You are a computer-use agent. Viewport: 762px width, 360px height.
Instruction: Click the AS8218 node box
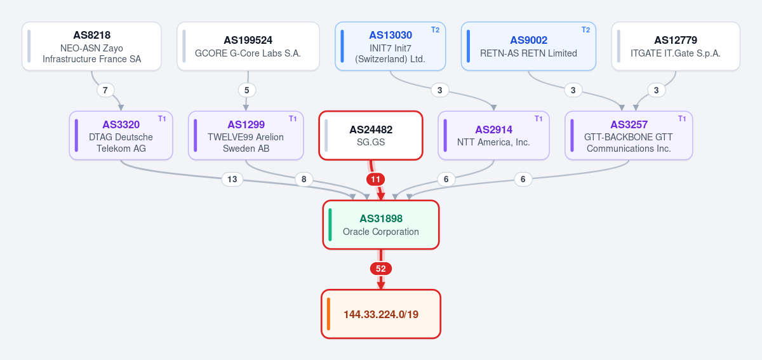click(x=91, y=46)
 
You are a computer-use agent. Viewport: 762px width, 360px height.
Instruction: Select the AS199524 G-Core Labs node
click(x=248, y=46)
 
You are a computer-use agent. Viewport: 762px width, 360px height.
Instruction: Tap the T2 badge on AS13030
click(x=435, y=30)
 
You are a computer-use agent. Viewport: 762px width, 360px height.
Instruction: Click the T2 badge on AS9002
click(x=585, y=30)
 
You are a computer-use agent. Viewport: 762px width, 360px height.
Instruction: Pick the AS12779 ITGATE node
click(x=676, y=46)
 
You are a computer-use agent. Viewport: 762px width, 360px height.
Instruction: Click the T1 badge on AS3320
click(x=162, y=119)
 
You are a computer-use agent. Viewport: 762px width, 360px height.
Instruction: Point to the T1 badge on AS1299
click(x=293, y=119)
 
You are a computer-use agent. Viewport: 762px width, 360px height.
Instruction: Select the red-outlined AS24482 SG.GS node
click(x=371, y=135)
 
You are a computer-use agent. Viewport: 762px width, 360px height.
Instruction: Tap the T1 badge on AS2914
click(x=538, y=119)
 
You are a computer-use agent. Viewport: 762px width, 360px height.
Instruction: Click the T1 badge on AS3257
click(x=682, y=119)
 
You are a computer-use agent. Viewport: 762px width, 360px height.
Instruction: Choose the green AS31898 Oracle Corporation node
click(x=381, y=225)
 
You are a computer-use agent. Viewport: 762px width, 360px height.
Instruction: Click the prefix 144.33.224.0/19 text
click(x=381, y=314)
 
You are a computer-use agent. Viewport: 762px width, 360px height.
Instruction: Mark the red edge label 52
click(x=381, y=269)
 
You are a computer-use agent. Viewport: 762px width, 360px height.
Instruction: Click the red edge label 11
click(x=375, y=179)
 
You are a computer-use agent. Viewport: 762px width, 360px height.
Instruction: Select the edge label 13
click(x=232, y=179)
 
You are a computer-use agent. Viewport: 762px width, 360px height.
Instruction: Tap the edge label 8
click(x=304, y=179)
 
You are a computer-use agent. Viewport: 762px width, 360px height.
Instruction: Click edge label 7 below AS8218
click(x=105, y=90)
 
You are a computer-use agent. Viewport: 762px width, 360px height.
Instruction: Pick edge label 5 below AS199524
click(x=246, y=90)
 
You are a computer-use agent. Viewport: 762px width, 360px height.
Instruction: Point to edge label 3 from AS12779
click(x=656, y=90)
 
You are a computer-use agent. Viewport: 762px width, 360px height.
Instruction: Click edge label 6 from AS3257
click(x=523, y=179)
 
